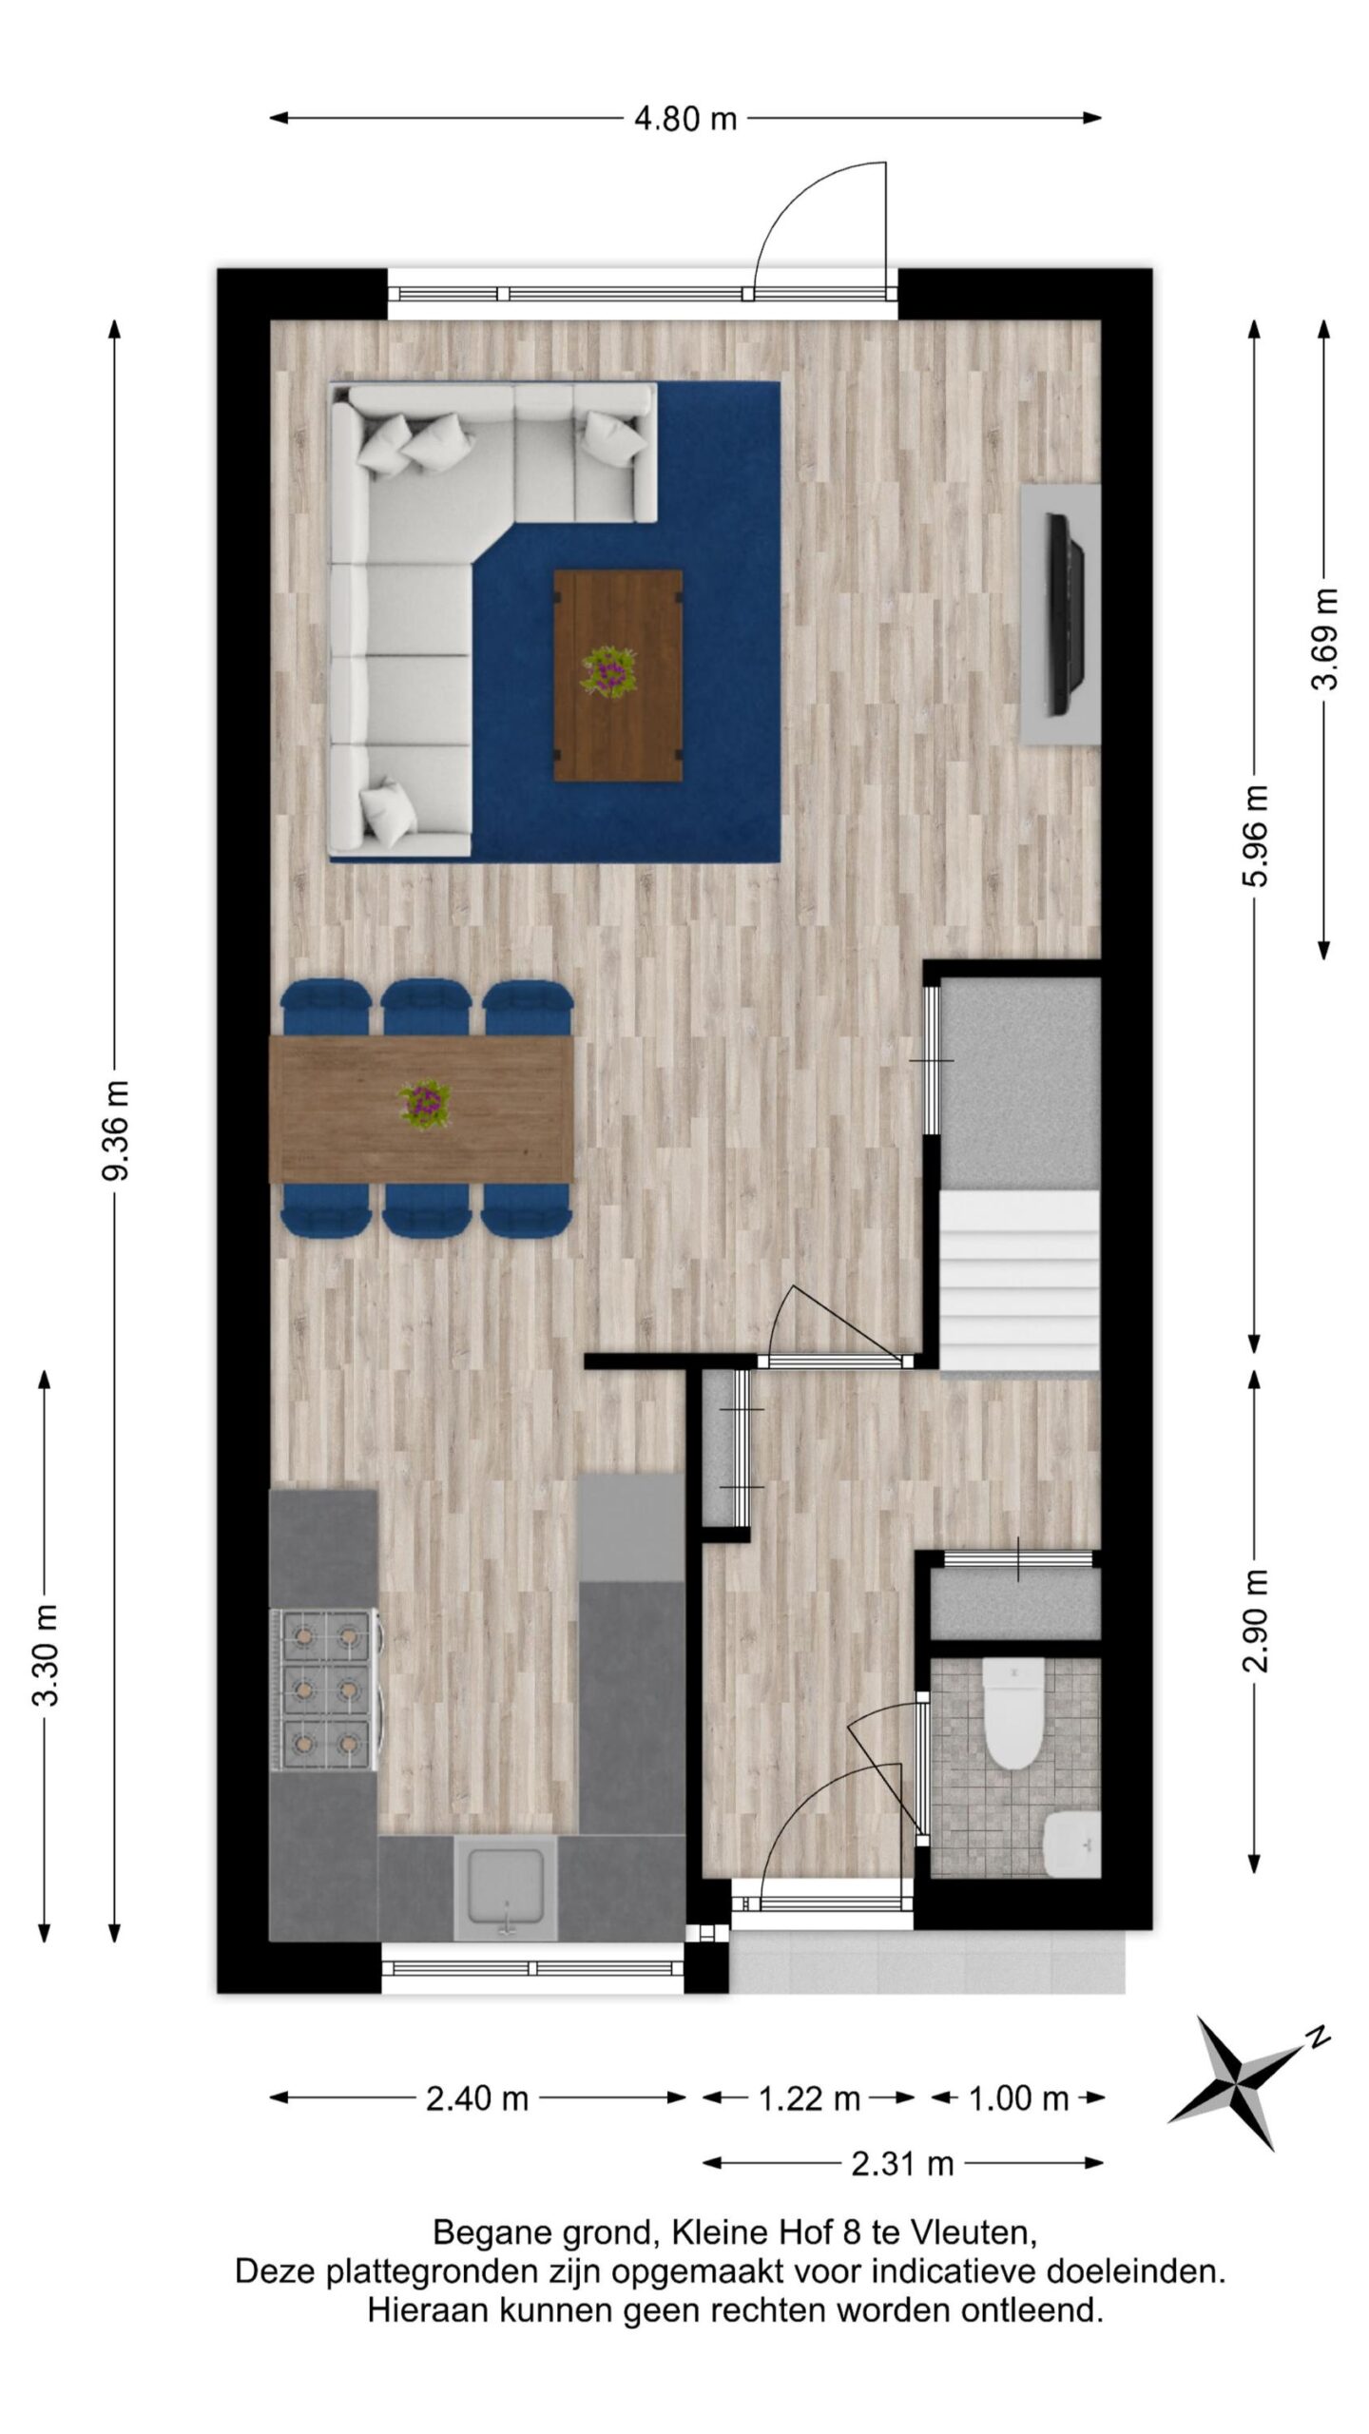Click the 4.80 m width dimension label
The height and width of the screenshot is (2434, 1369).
click(x=684, y=119)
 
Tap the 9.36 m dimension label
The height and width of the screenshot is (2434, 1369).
click(x=116, y=1129)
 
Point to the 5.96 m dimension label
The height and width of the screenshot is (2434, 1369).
click(x=1255, y=836)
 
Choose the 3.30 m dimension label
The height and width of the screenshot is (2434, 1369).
click(x=46, y=1654)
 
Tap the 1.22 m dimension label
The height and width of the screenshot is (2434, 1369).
click(x=809, y=2098)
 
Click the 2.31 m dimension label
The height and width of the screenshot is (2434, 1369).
click(x=902, y=2165)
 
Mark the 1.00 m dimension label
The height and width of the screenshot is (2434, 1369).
click(x=1018, y=2098)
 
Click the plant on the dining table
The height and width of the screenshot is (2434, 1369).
click(x=424, y=1103)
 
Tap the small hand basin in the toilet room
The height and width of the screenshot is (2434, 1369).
click(x=1071, y=1844)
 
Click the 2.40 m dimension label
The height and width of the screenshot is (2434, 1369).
click(x=476, y=2098)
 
